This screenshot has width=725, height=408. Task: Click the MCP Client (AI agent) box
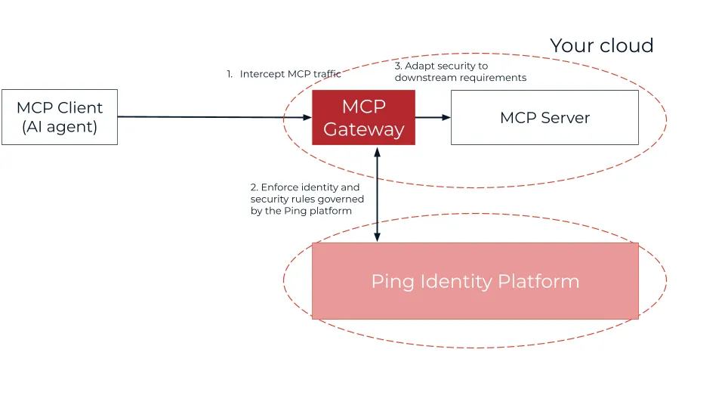point(60,117)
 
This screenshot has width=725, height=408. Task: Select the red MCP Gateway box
point(363,117)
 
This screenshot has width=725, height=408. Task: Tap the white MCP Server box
point(545,117)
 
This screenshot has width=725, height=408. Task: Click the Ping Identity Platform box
point(475,281)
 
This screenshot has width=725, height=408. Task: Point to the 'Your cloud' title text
point(601,45)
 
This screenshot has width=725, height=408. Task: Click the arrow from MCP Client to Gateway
point(211,117)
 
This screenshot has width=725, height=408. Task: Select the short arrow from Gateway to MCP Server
point(433,117)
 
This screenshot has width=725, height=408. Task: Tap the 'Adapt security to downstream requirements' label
point(460,72)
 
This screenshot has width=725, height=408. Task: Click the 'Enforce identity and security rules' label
point(307,199)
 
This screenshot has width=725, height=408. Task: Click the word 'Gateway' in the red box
point(363,129)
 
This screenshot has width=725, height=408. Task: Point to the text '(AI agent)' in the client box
point(60,127)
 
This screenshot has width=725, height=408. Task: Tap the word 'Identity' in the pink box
point(457,282)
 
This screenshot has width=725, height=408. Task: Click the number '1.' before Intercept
point(230,74)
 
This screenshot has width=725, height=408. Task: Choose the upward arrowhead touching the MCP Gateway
point(377,150)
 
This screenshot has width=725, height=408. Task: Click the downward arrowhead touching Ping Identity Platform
point(377,236)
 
